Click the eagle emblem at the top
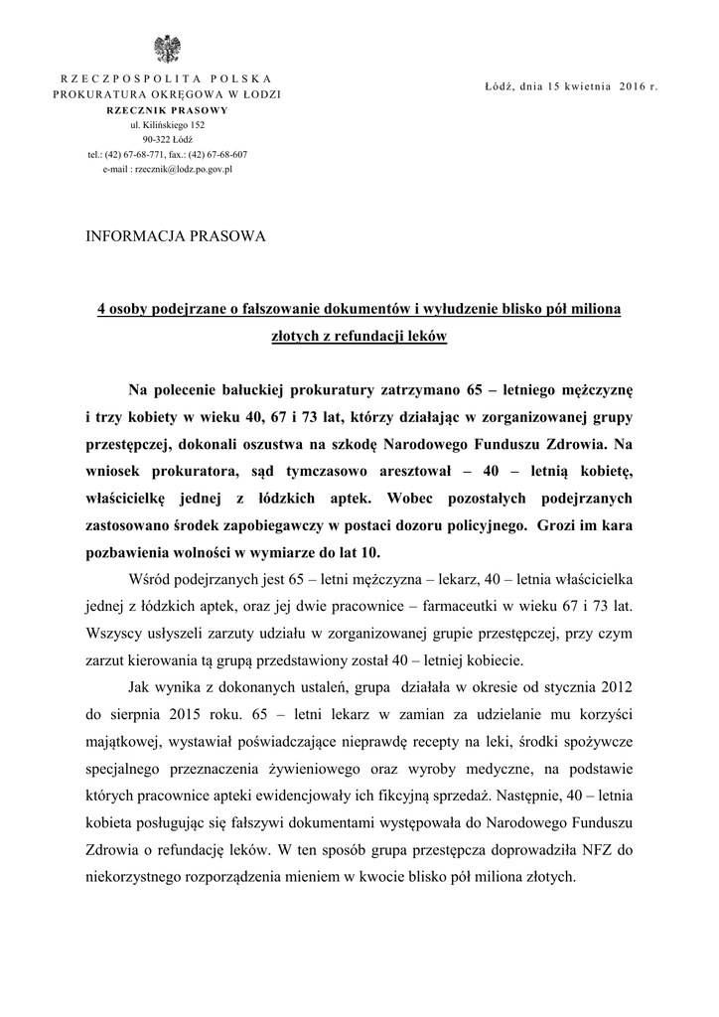(167, 49)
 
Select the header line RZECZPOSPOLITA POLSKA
(167, 78)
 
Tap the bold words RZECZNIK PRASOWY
(167, 109)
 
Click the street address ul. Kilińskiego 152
(167, 125)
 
